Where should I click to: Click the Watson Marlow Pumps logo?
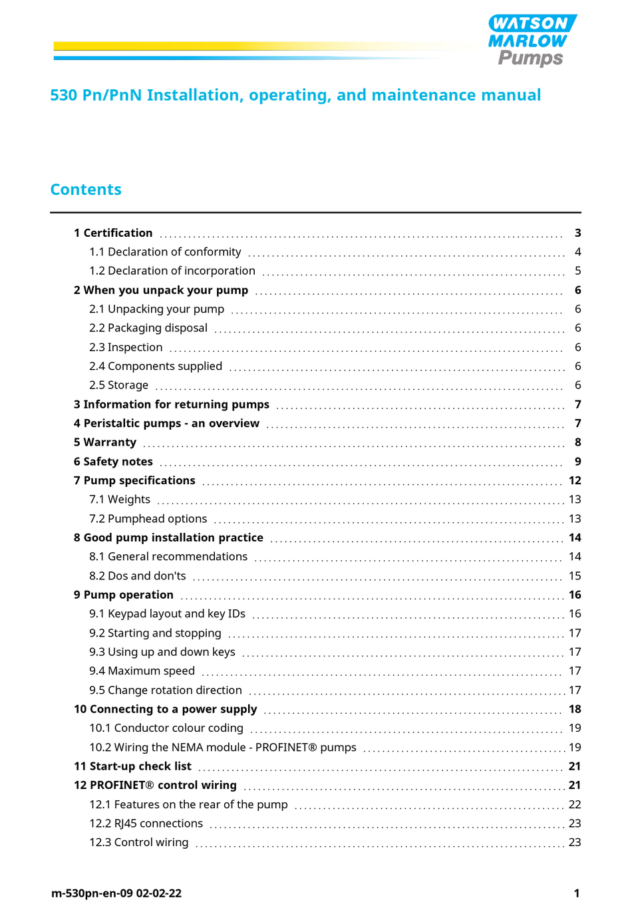pyautogui.click(x=532, y=41)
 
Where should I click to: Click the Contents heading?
pyautogui.click(x=86, y=190)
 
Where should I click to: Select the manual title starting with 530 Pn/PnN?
pyautogui.click(x=295, y=95)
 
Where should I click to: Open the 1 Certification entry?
pyautogui.click(x=113, y=233)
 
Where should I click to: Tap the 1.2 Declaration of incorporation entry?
pyautogui.click(x=172, y=271)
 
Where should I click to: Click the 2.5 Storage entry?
pyautogui.click(x=119, y=385)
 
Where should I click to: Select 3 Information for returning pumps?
pyautogui.click(x=172, y=404)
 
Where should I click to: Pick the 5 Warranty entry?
pyautogui.click(x=105, y=442)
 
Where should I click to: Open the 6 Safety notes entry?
pyautogui.click(x=113, y=462)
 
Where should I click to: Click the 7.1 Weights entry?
pyautogui.click(x=120, y=500)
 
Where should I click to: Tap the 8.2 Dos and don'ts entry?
pyautogui.click(x=138, y=576)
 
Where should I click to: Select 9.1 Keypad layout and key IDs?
pyautogui.click(x=168, y=614)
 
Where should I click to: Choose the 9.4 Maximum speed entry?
pyautogui.click(x=142, y=671)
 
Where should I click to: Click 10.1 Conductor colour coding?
pyautogui.click(x=166, y=728)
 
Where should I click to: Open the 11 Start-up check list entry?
pyautogui.click(x=132, y=766)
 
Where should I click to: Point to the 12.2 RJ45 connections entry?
pyautogui.click(x=146, y=824)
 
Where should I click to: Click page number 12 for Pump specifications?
pyautogui.click(x=575, y=480)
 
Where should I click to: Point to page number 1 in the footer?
pyautogui.click(x=577, y=893)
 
